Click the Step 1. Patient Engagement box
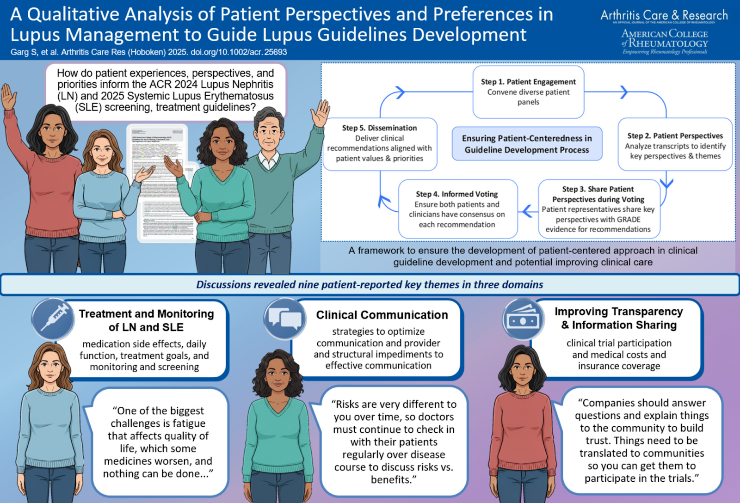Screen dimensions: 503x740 coord(528,92)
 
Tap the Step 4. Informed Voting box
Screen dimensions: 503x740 coord(457,209)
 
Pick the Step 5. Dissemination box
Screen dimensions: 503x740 coord(379,143)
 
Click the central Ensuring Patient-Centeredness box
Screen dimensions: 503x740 coord(527,144)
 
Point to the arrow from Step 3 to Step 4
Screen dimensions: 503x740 coord(528,211)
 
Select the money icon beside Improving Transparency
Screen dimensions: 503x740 coord(522,319)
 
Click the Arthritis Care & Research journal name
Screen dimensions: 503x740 coord(664,15)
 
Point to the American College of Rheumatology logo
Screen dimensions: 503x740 coord(665,42)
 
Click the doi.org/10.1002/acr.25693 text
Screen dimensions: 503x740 coord(239,52)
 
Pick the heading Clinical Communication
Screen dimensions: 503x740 coord(382,315)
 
